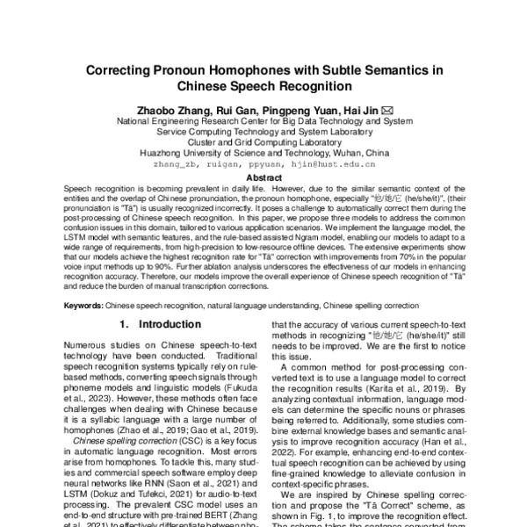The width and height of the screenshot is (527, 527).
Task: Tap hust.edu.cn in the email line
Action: (x=347, y=163)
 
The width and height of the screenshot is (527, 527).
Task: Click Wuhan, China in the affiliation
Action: (x=356, y=152)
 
